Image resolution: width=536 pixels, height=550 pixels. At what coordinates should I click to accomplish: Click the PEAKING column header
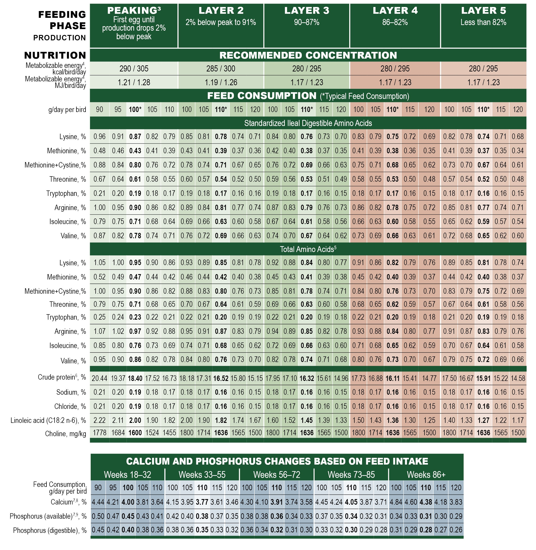click(x=134, y=10)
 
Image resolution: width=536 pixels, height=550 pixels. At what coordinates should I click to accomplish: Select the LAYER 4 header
click(x=395, y=10)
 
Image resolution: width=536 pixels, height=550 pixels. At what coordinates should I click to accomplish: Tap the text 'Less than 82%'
click(x=483, y=22)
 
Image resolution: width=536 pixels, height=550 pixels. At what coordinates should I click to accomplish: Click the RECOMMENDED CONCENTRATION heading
click(x=308, y=55)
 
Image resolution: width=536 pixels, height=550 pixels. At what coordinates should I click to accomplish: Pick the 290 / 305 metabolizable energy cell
click(x=134, y=69)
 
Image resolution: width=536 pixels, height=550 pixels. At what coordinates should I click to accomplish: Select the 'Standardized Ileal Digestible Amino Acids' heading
click(x=308, y=123)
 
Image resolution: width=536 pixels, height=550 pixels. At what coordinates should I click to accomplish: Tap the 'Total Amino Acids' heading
click(x=308, y=249)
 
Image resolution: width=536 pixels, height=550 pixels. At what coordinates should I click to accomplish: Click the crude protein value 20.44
click(x=99, y=378)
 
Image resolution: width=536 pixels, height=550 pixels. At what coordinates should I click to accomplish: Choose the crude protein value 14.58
click(x=518, y=378)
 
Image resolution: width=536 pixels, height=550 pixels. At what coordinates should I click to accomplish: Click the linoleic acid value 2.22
click(x=99, y=420)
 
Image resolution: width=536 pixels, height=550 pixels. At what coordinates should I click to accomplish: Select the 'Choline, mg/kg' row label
click(x=65, y=433)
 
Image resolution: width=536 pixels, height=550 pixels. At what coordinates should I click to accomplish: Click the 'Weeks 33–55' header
click(x=202, y=475)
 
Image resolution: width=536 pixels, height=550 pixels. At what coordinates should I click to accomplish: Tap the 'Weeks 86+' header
click(x=426, y=475)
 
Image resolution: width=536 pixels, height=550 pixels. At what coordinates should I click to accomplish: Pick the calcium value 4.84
click(x=396, y=502)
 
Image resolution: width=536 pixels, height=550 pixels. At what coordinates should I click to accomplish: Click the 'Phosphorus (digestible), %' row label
click(x=50, y=530)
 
